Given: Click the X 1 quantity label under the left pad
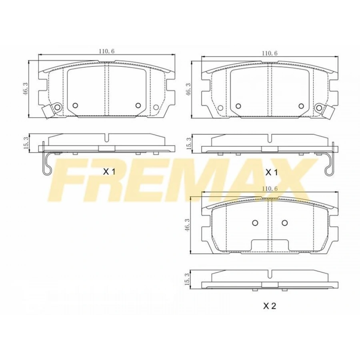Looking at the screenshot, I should pos(109,172).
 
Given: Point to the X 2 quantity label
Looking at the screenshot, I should pos(269,306).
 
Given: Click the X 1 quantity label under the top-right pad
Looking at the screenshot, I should pos(272,172).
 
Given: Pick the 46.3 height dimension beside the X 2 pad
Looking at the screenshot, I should pos(187,226).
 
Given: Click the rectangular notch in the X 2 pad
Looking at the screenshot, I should pos(270,244).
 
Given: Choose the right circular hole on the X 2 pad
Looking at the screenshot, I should pos(284,223).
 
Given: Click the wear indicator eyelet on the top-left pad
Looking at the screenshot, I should pos(57,107).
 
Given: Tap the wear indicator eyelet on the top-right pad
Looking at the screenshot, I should pos(319,108).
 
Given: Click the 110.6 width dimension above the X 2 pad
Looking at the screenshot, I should pos(270,188).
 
